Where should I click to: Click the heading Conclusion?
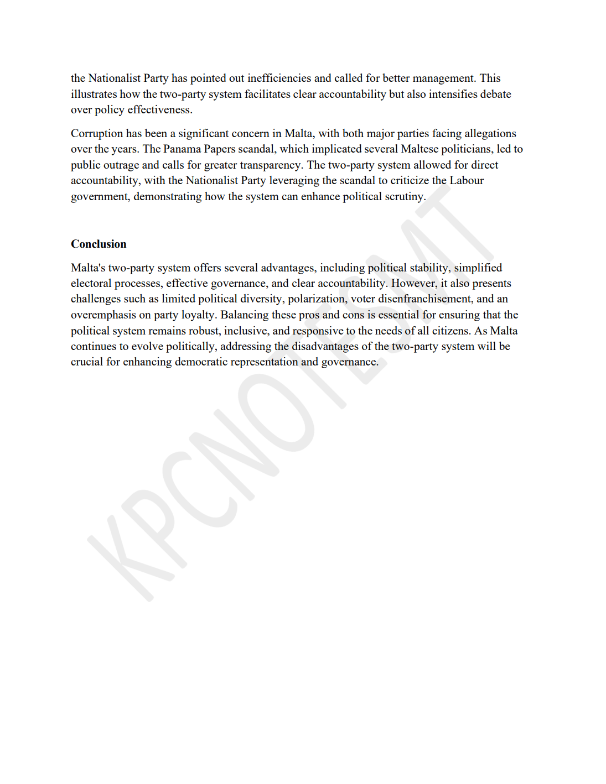99,244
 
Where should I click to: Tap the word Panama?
182,149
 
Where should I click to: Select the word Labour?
467,180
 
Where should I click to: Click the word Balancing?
244,315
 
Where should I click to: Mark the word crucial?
87,362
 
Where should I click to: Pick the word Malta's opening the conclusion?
88,268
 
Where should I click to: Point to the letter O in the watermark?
277,410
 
